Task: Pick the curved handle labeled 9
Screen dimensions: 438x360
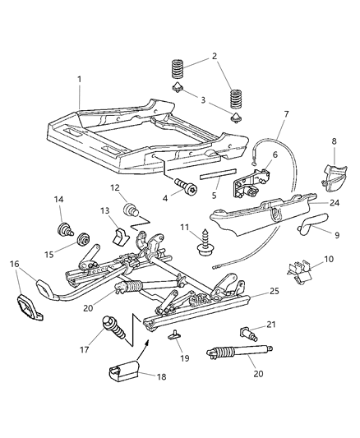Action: (x=312, y=245)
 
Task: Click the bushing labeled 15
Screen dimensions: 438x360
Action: (x=82, y=241)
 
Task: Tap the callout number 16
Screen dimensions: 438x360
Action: (x=15, y=264)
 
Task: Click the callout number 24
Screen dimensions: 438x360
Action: (x=335, y=224)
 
